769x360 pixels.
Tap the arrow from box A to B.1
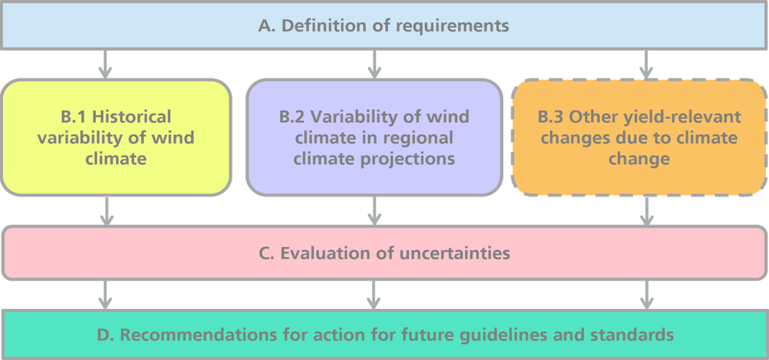pos(104,64)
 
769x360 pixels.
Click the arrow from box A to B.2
pos(374,64)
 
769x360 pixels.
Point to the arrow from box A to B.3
pos(647,64)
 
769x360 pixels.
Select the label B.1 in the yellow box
pos(73,117)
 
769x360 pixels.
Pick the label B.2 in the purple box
pos(293,117)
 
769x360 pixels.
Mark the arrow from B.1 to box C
pos(104,212)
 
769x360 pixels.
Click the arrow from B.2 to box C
pos(374,212)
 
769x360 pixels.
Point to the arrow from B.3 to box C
pos(647,212)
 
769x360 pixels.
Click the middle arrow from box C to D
pos(374,294)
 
